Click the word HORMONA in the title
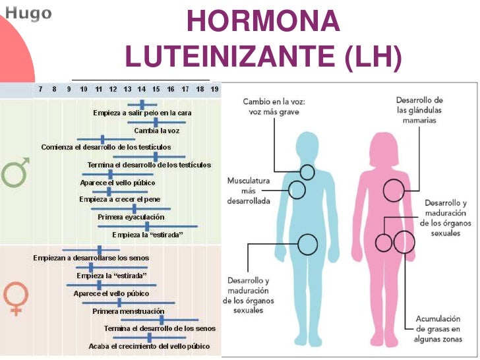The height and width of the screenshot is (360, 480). pyautogui.click(x=263, y=22)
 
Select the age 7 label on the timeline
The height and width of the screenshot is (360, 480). pyautogui.click(x=40, y=89)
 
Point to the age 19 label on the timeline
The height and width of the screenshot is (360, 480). pyautogui.click(x=214, y=89)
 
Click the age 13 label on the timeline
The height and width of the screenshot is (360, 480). pyautogui.click(x=127, y=89)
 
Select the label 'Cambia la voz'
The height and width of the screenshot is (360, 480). pyautogui.click(x=156, y=131)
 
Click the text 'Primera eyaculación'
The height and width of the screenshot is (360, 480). pyautogui.click(x=131, y=216)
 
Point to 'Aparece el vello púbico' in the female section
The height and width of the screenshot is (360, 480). pyautogui.click(x=111, y=293)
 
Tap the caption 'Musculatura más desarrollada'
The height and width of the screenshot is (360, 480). pyautogui.click(x=249, y=191)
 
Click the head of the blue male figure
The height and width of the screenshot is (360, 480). pyautogui.click(x=308, y=146)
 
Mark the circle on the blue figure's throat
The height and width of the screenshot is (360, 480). pyautogui.click(x=307, y=173)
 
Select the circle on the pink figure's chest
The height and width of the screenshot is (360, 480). pyautogui.click(x=394, y=191)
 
